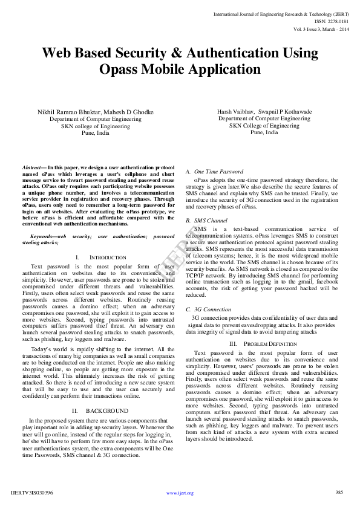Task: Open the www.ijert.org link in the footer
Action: (179, 493)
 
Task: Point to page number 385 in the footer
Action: (339, 493)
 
